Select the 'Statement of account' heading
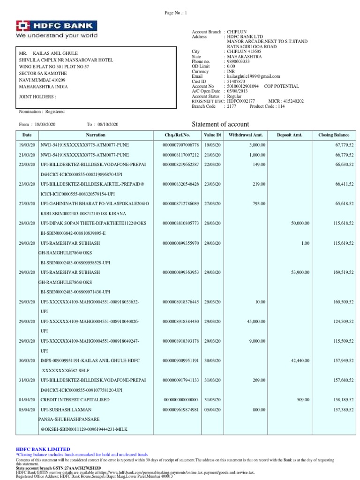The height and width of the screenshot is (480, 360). click(x=221, y=124)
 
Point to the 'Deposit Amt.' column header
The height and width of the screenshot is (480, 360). click(x=290, y=135)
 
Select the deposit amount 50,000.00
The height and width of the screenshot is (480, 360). click(x=300, y=224)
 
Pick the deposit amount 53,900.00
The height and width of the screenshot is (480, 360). click(x=300, y=272)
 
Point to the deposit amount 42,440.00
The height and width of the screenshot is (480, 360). click(x=300, y=360)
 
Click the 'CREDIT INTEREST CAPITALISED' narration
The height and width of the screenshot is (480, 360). click(x=75, y=399)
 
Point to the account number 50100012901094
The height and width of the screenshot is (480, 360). click(x=242, y=86)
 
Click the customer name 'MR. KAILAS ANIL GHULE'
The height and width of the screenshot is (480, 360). click(x=48, y=53)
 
